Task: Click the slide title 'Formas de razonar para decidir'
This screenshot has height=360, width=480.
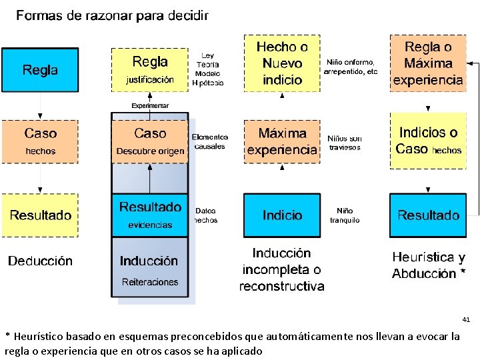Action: coord(112,15)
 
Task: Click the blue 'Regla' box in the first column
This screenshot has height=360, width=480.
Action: coord(40,69)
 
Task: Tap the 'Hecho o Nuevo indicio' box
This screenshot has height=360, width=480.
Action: coord(282,63)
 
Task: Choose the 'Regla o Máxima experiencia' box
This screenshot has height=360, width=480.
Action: coord(428,63)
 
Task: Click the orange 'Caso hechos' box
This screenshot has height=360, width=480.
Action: coord(40,141)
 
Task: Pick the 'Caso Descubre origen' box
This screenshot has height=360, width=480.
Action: coord(150,141)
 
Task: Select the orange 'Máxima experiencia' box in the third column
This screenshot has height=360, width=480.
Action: coord(282,141)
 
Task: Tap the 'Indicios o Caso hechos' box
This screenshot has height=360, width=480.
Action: coord(428,141)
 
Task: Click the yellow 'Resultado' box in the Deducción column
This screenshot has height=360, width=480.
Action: coord(40,215)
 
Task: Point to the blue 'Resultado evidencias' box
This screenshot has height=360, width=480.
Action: coord(150,215)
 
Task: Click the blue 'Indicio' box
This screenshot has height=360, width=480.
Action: coord(282,215)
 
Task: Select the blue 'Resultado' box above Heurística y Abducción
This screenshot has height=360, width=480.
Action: coord(428,215)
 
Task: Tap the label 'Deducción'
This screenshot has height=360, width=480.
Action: coord(40,261)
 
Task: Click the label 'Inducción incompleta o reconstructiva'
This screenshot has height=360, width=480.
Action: coord(282,270)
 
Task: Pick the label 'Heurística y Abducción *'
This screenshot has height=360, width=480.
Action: coord(429,265)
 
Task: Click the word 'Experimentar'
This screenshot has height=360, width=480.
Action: coord(150,105)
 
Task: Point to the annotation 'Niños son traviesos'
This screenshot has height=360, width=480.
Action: coord(345,143)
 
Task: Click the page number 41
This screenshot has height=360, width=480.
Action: coord(466,320)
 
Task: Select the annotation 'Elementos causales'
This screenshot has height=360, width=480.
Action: coord(210,141)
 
